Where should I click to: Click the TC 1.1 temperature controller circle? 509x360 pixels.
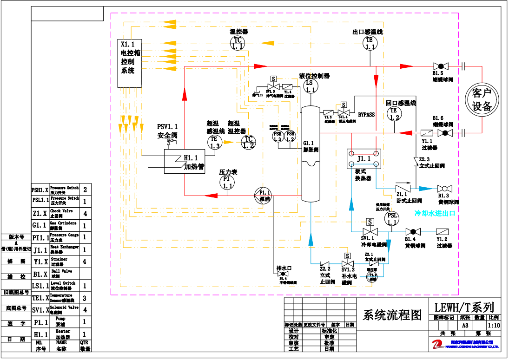pyautogui.click(x=238, y=43)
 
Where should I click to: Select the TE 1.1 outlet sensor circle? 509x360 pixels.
pyautogui.click(x=370, y=43)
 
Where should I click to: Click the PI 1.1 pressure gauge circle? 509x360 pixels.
pyautogui.click(x=227, y=182)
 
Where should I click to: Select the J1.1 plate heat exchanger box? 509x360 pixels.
pyautogui.click(x=364, y=159)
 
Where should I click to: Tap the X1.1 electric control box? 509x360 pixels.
pyautogui.click(x=129, y=63)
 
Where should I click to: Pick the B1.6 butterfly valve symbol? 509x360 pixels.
pyautogui.click(x=445, y=133)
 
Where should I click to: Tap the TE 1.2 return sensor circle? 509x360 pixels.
pyautogui.click(x=394, y=114)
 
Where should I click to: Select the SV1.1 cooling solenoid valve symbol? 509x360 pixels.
pyautogui.click(x=370, y=231)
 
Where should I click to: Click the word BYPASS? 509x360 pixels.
pyautogui.click(x=366, y=114)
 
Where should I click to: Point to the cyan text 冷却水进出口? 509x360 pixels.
pyautogui.click(x=434, y=214)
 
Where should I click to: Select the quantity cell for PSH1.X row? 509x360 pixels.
pyautogui.click(x=85, y=190)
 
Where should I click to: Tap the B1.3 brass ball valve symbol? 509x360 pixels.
pyautogui.click(x=445, y=188)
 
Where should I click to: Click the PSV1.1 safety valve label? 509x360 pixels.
pyautogui.click(x=167, y=131)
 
